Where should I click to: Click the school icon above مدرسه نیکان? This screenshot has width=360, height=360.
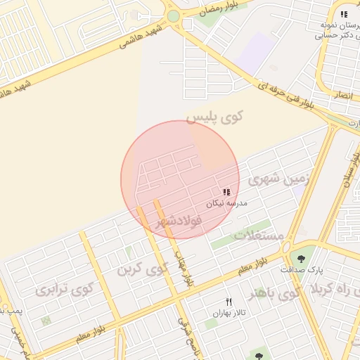coord(226,192)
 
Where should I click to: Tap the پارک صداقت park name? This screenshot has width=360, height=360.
coord(305,269)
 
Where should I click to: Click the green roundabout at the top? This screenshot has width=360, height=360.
coord(173,16)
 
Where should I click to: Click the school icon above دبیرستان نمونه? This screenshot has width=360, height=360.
coord(343,14)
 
